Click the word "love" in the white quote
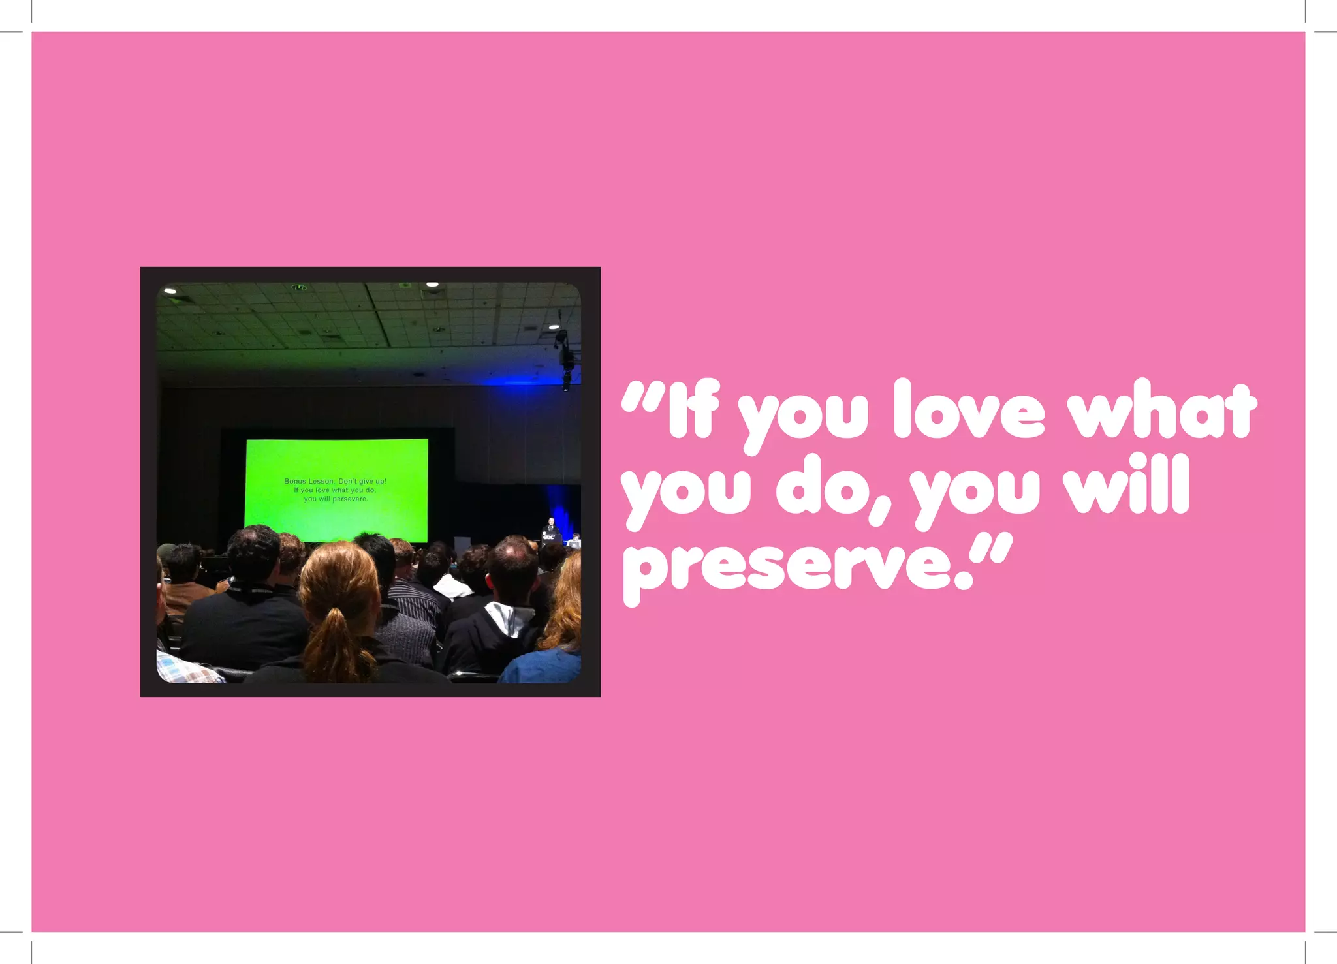(x=969, y=411)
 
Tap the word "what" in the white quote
(x=1161, y=411)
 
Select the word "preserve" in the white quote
(x=793, y=563)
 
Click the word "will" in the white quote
(x=1127, y=486)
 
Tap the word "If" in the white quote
(x=693, y=411)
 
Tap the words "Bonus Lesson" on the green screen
(x=308, y=481)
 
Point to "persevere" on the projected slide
(x=350, y=499)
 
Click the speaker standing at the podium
(x=550, y=530)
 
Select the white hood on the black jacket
(x=510, y=617)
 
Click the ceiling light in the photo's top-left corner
(x=170, y=292)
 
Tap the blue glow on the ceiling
(x=522, y=381)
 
